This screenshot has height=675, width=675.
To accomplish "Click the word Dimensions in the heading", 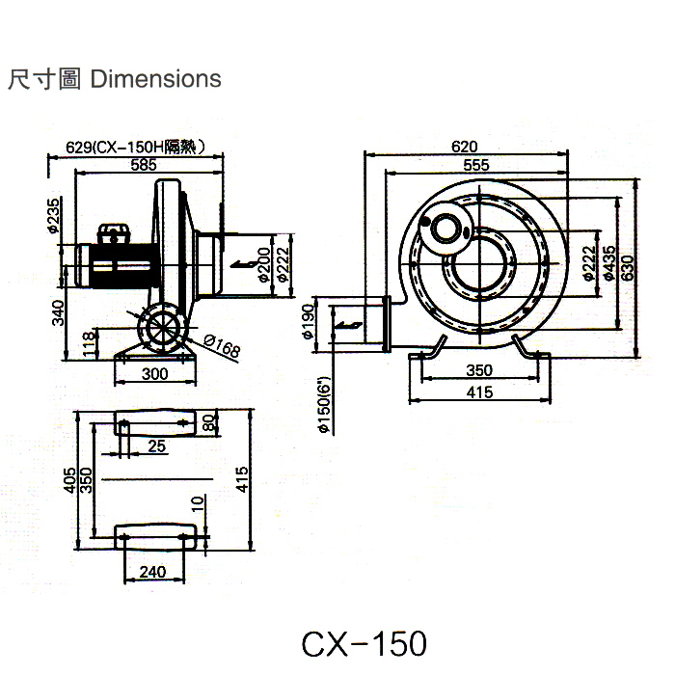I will click(x=155, y=79).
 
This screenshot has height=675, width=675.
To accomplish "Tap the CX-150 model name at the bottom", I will click(x=363, y=643).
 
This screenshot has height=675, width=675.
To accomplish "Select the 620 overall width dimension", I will click(x=464, y=147).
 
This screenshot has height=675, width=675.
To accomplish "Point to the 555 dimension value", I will click(x=474, y=165).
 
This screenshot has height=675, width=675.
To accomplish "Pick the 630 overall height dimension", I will click(x=629, y=263).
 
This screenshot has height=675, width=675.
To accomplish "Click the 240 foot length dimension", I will click(x=152, y=572).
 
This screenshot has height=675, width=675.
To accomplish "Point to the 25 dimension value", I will click(x=157, y=445).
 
